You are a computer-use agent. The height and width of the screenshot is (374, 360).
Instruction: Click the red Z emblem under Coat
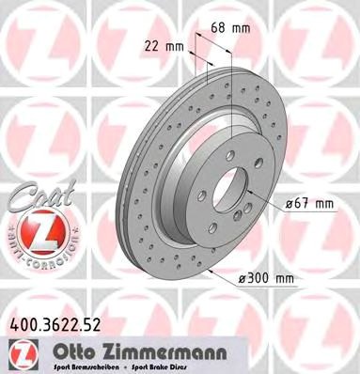coord(35,229)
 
